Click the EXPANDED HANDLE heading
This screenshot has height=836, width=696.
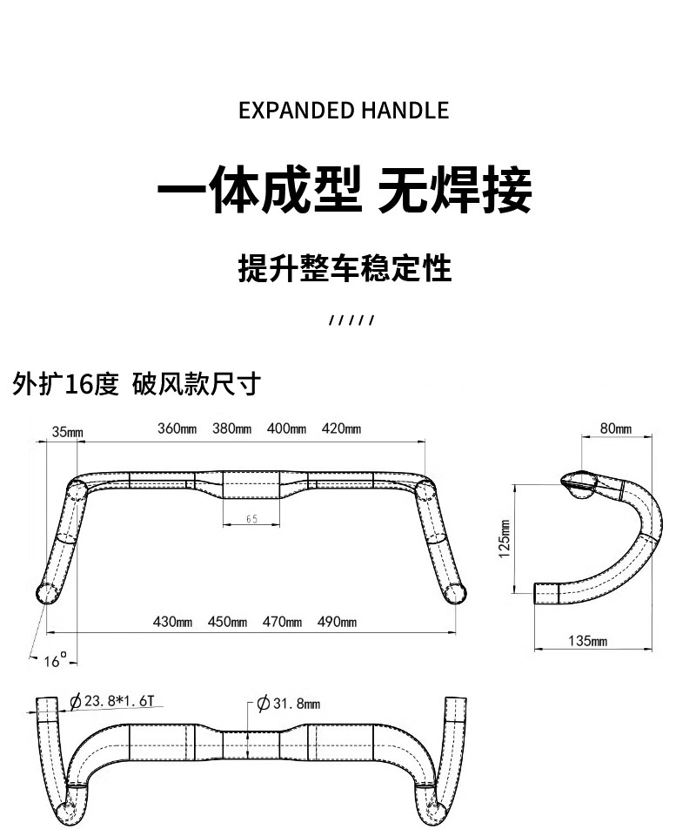(x=344, y=111)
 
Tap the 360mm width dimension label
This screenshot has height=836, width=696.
(x=177, y=428)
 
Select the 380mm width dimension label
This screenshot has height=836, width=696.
(x=231, y=428)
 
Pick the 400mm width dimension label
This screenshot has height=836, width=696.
(x=286, y=428)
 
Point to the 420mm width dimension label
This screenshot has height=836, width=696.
(x=341, y=428)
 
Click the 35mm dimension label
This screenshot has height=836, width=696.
(x=67, y=432)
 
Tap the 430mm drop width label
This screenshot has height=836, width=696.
(x=172, y=622)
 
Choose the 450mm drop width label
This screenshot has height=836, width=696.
(x=227, y=622)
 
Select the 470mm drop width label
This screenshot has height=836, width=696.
(x=282, y=622)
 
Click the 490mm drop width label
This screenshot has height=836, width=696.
(x=338, y=622)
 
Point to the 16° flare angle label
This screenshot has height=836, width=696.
(x=55, y=661)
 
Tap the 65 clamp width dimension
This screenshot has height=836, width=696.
(x=251, y=519)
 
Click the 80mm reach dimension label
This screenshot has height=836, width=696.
(x=616, y=428)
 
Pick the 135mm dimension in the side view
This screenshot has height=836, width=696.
(x=587, y=641)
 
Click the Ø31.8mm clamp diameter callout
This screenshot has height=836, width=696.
(x=290, y=704)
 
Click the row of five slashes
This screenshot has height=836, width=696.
(x=351, y=320)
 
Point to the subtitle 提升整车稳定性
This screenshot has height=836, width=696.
(x=345, y=268)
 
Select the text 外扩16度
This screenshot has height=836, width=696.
(x=65, y=384)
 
